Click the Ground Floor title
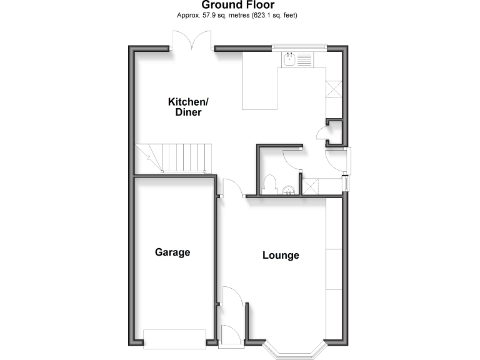[x=238, y=6]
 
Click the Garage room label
[x=172, y=252]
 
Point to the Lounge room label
[x=281, y=255]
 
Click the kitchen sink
[x=290, y=59]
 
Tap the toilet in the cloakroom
[x=270, y=184]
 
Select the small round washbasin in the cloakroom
[x=289, y=190]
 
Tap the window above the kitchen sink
[x=299, y=46]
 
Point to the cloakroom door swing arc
[x=292, y=157]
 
